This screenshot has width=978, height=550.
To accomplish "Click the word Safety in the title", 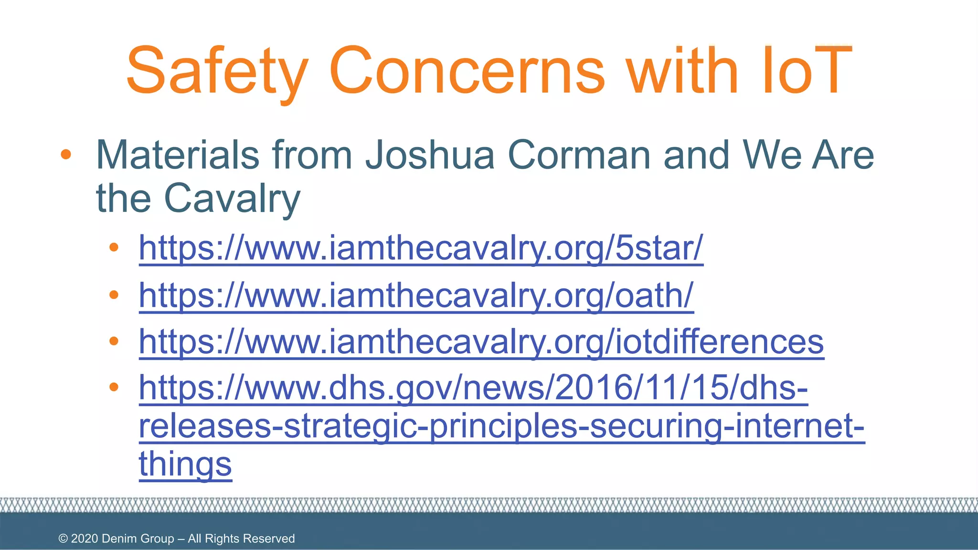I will (x=217, y=72).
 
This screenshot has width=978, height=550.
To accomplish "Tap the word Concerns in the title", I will (x=467, y=72).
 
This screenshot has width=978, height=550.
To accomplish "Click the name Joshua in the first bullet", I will (x=430, y=155).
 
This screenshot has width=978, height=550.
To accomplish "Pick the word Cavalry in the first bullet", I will (x=232, y=199).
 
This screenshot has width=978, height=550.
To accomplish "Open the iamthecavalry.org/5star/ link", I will (x=421, y=248).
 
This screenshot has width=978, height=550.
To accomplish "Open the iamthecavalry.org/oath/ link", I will (x=416, y=296).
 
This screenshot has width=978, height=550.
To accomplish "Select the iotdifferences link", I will (x=481, y=342).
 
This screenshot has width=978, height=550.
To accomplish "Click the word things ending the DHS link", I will (x=185, y=464).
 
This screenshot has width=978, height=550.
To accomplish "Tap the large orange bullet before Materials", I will (x=66, y=154).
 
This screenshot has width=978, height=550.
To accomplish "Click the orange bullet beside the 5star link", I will (x=114, y=247).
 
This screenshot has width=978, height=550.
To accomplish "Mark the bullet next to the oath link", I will (x=114, y=295).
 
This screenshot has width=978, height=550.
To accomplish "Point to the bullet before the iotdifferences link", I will (x=114, y=341).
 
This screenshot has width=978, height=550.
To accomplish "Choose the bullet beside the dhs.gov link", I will (x=114, y=387).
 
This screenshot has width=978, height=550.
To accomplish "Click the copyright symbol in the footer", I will (x=63, y=539).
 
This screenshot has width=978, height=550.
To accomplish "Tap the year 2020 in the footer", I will (x=85, y=539).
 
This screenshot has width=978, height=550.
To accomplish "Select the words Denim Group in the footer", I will (x=138, y=539).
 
